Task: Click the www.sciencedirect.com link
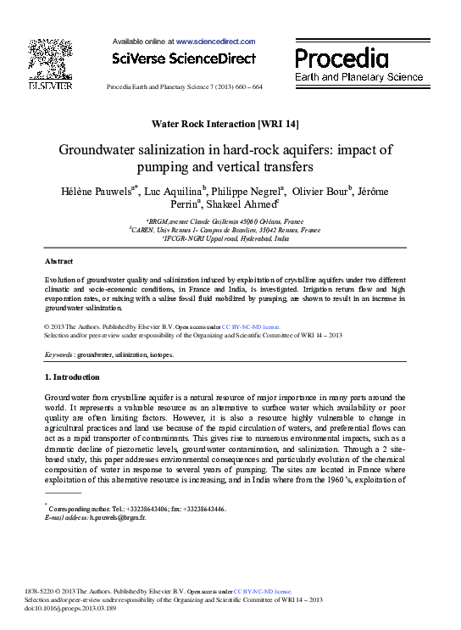[215, 41]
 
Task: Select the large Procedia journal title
[342, 59]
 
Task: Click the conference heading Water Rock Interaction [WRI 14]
[230, 124]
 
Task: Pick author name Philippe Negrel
[247, 192]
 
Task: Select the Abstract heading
[58, 261]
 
